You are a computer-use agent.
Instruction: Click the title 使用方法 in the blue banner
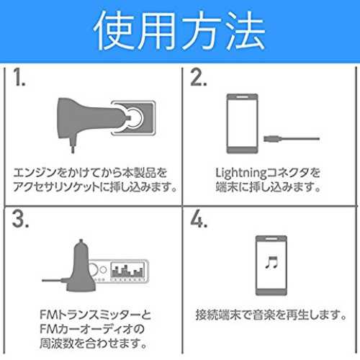click(179, 30)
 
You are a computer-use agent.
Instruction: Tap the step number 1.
click(19, 77)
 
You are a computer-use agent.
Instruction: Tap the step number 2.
click(198, 77)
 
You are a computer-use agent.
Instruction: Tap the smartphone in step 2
click(243, 124)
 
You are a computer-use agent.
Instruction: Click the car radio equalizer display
click(127, 270)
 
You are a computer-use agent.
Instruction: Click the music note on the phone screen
click(271, 262)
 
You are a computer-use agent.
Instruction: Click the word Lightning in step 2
click(241, 174)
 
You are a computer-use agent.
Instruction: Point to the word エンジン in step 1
click(35, 173)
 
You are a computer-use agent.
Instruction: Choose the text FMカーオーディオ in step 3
click(86, 329)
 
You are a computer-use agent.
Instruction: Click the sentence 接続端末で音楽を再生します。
click(271, 315)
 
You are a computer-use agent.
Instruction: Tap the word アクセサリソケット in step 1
click(56, 186)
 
